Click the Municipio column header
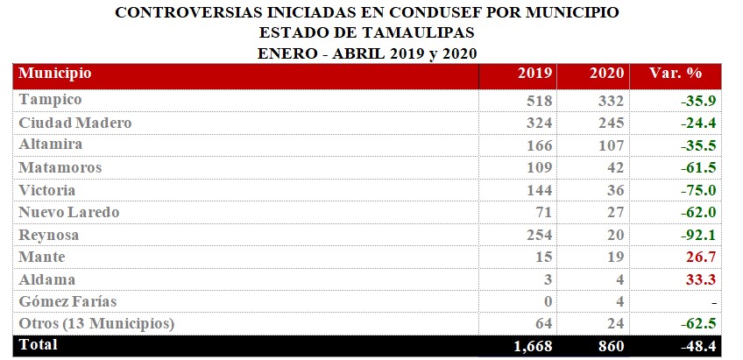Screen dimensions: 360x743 56,74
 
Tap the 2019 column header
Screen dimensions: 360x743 535,74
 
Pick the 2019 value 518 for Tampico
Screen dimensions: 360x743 536,100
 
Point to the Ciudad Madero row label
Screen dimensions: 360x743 76,123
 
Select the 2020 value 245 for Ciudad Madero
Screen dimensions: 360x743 606,123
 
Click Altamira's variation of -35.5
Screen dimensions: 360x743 698,145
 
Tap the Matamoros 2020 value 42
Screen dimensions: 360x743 614,167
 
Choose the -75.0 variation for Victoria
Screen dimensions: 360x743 698,190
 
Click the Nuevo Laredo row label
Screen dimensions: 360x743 69,212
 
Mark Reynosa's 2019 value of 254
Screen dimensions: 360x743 536,235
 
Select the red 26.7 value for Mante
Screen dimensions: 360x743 702,257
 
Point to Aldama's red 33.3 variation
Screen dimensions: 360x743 702,279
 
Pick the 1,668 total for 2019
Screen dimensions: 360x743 533,347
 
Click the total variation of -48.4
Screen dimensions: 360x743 698,347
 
